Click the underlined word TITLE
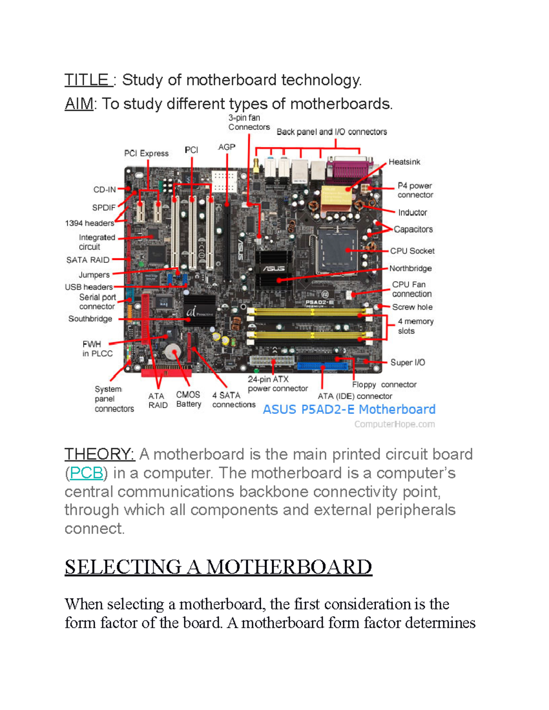pos(86,80)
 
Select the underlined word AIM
pos(79,104)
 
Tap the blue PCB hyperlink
pos(86,473)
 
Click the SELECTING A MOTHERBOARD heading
pos(218,567)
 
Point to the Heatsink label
pos(404,162)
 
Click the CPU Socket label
pos(412,251)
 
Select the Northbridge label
pos(410,268)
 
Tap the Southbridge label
pos(90,319)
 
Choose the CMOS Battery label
pos(188,399)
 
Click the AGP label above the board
pos(226,147)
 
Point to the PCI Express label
pos(146,154)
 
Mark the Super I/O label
pos(408,363)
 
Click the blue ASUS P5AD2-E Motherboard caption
pos(349,409)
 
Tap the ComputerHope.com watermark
pos(394,424)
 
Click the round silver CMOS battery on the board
pos(173,352)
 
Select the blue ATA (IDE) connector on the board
pos(323,366)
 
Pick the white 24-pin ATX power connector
pos(272,361)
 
